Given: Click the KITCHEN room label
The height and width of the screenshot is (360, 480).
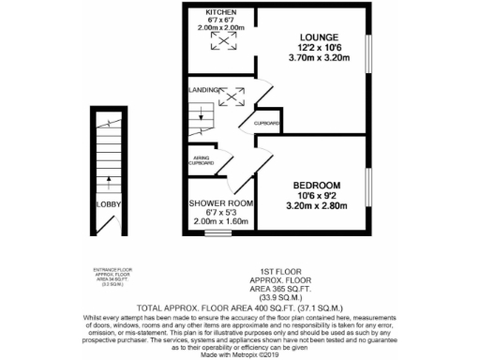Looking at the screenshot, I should tap(221, 12).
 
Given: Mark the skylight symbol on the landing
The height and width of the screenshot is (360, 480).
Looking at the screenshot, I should tap(231, 95).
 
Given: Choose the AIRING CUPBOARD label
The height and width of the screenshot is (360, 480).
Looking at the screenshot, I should tap(203, 161).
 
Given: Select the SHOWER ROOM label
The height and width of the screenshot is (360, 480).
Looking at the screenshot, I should tap(222, 202).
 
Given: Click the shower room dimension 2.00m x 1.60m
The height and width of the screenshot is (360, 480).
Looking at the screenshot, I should tap(222, 221).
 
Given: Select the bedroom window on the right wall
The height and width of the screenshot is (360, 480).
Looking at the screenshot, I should tap(368, 197).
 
